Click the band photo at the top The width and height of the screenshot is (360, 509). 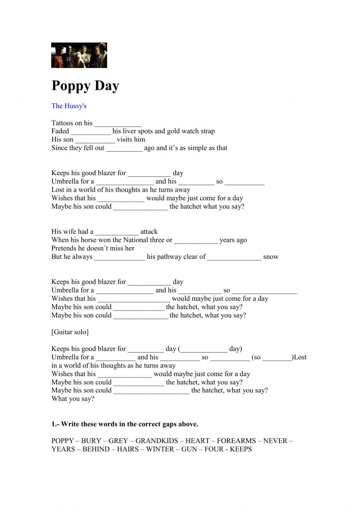tap(79, 55)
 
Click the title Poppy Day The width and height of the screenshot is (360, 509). tap(85, 86)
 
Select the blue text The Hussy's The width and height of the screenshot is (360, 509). tap(69, 106)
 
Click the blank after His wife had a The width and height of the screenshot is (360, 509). tap(117, 232)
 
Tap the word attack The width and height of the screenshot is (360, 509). tap(149, 232)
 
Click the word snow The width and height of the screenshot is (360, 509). tap(271, 257)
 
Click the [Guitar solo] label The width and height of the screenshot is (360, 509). tap(70, 332)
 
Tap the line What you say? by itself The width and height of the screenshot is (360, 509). tap(73, 399)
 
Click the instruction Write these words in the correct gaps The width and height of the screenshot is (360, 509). tap(125, 424)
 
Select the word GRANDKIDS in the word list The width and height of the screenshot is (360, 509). tap(157, 441)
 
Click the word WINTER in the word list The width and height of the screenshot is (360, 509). tap(160, 449)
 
